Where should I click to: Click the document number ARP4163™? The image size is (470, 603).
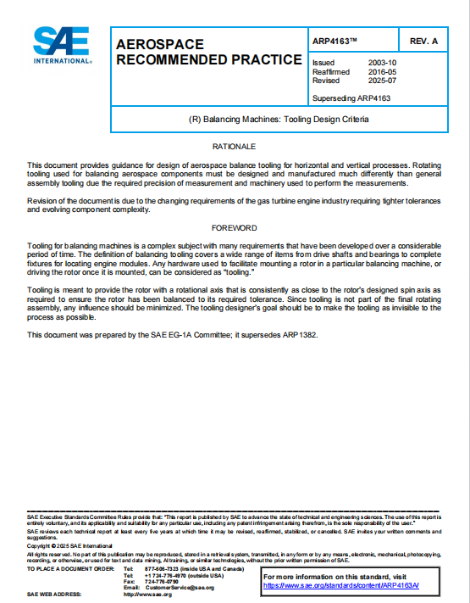[335, 40]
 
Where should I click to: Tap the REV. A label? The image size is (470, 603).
[423, 41]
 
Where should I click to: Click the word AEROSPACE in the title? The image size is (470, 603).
[157, 43]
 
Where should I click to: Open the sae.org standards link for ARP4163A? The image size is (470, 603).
[340, 585]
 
